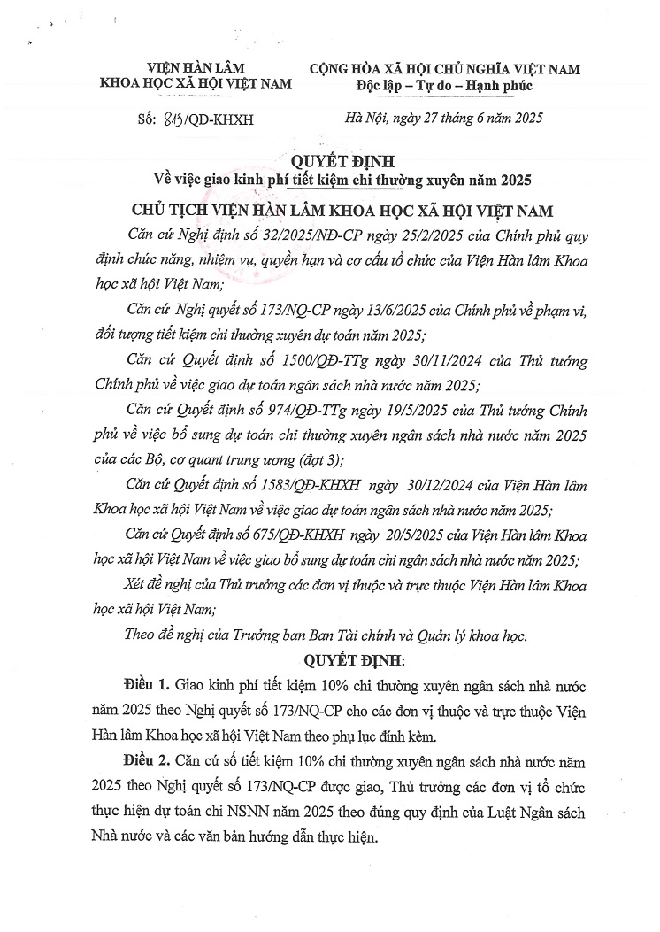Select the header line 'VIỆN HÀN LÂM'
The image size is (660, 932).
click(196, 68)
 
